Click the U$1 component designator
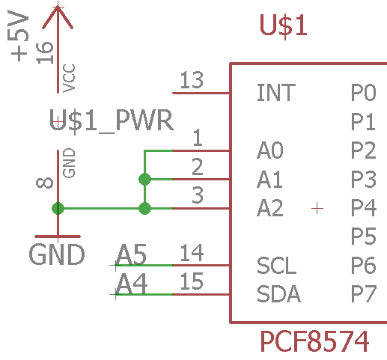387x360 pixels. point(283,25)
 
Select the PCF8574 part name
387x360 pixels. point(314,341)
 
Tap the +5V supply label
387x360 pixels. point(18,36)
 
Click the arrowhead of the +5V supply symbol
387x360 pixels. point(58,17)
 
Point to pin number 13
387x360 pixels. point(192,80)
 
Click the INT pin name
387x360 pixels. point(276,93)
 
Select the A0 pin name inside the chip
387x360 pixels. point(270,150)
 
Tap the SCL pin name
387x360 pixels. point(276,266)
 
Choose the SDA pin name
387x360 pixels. point(278,294)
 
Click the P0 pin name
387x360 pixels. point(363,93)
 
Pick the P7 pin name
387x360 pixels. point(363,294)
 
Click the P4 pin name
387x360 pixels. point(364,207)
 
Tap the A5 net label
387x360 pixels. point(131,254)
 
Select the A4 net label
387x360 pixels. point(132,284)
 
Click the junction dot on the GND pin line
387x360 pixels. point(58,208)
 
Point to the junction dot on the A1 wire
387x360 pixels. point(144,179)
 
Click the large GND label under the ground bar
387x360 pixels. point(57,254)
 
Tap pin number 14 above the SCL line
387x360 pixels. point(192,253)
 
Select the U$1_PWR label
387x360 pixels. point(112,120)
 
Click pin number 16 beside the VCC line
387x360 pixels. point(45,53)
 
